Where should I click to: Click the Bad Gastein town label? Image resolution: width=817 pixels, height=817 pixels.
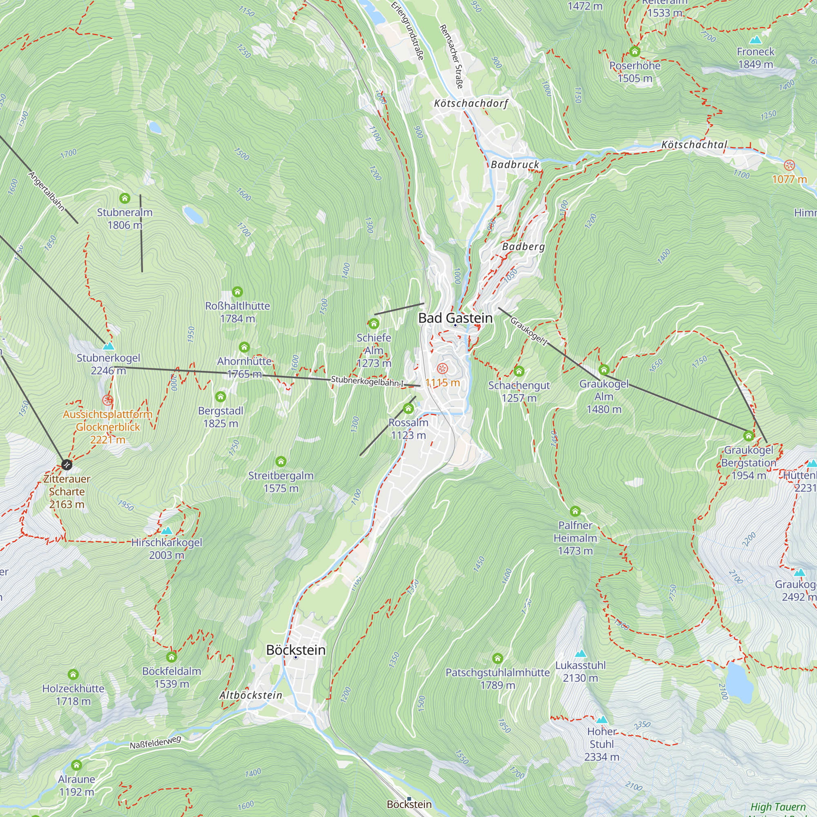[455, 318]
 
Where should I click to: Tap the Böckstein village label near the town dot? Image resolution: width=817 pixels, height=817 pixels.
[296, 650]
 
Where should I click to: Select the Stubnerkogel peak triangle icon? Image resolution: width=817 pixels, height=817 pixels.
[109, 346]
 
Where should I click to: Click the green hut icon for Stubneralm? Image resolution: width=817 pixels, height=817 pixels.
[124, 198]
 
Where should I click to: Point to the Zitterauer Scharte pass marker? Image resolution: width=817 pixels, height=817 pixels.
[67, 465]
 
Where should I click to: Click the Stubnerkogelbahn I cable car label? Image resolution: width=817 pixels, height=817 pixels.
[367, 382]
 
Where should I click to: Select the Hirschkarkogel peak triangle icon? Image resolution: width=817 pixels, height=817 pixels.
[167, 531]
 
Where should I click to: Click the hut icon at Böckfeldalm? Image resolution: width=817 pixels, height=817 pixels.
[171, 657]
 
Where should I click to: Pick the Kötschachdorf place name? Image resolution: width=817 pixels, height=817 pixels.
[471, 103]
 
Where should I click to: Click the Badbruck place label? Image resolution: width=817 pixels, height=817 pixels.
[515, 165]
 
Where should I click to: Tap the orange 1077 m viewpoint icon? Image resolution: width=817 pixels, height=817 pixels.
[789, 165]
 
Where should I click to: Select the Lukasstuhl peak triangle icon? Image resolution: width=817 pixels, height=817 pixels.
[580, 653]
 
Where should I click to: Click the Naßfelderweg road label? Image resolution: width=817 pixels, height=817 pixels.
[155, 742]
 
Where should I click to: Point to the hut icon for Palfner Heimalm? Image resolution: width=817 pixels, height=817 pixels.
[575, 512]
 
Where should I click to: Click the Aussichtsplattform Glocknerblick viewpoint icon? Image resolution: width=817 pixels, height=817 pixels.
[108, 400]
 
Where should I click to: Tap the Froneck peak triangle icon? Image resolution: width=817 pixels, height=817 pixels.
[755, 40]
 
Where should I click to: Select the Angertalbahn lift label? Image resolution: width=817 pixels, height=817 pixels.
[47, 191]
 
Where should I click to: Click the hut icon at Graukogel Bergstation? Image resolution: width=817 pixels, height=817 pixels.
[748, 435]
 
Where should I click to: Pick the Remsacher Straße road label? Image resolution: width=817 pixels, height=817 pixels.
[451, 56]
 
